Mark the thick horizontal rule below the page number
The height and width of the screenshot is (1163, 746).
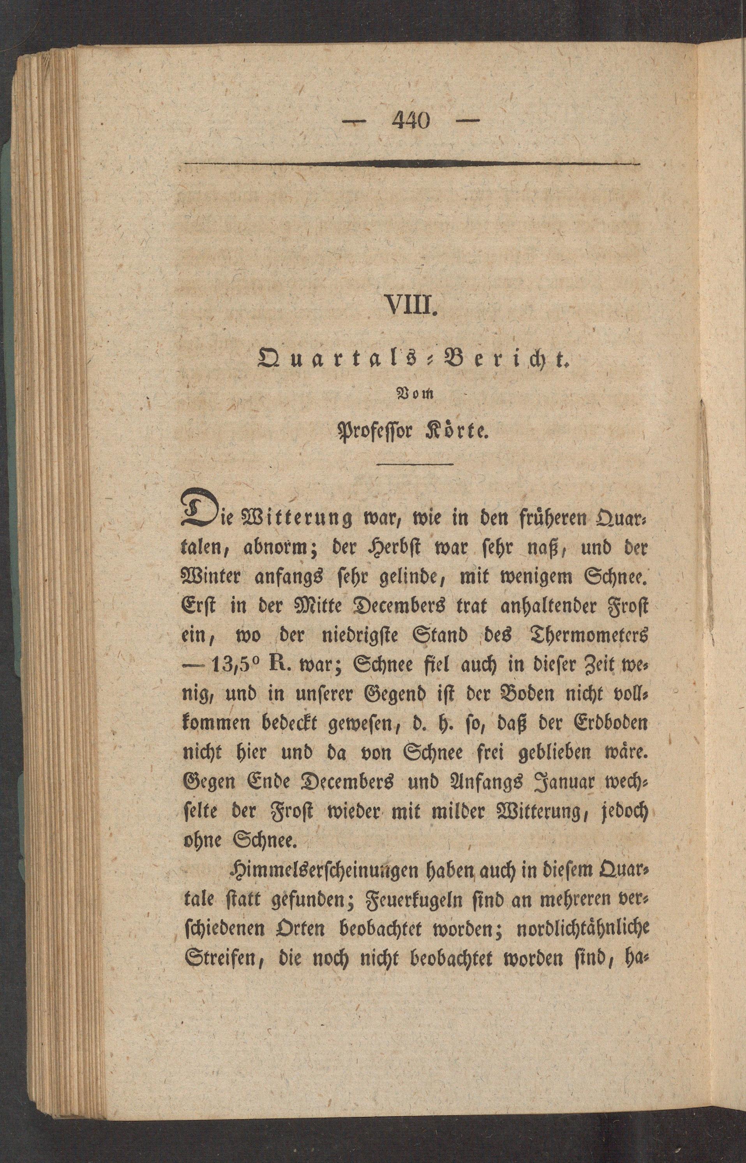[412, 165]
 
